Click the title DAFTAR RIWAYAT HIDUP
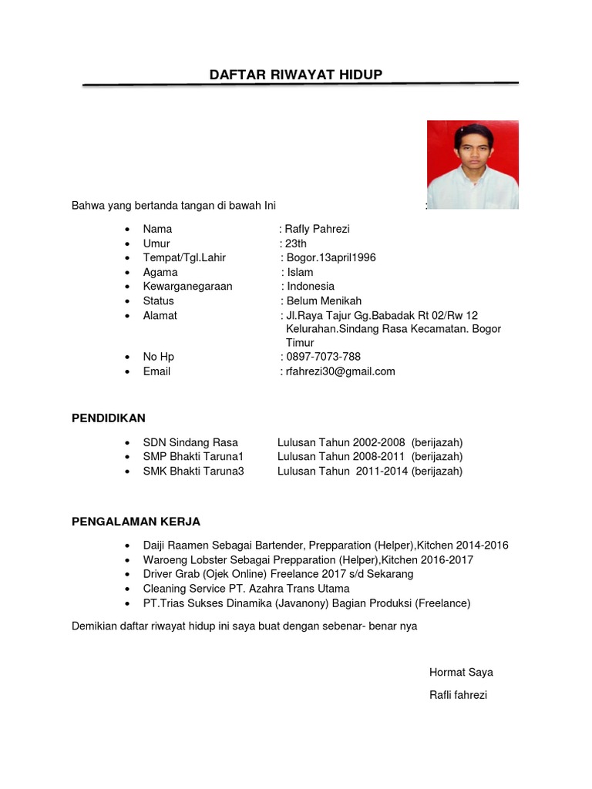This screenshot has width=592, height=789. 296,74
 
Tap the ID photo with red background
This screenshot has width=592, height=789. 473,164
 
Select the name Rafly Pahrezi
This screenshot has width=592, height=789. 317,229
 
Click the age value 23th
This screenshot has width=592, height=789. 296,243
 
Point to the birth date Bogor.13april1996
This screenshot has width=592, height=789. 331,257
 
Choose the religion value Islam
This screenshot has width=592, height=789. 300,272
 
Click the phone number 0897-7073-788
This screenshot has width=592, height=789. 323,357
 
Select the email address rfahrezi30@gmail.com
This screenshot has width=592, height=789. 340,371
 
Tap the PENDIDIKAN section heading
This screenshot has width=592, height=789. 109,418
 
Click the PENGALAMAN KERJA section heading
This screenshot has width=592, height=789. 136,522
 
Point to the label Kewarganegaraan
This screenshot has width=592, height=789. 187,286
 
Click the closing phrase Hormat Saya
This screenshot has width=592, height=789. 461,672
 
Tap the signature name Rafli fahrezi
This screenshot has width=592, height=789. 458,695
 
